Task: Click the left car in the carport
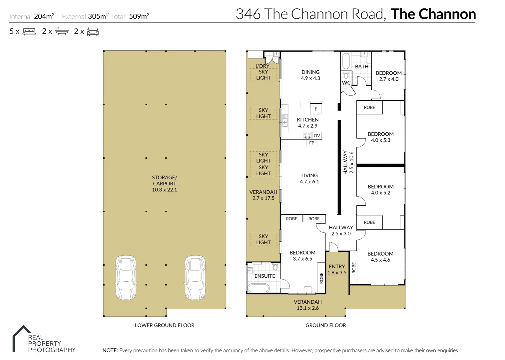point(126,277)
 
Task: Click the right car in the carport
point(195,277)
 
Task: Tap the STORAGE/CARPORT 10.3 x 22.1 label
point(164,184)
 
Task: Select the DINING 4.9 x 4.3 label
point(310,75)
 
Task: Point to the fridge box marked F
point(316,109)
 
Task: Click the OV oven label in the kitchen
point(317,136)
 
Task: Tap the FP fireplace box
point(311,143)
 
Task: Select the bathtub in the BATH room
point(346,61)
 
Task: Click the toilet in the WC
point(346,75)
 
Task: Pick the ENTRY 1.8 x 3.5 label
point(337,269)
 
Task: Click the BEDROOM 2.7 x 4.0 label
point(388,76)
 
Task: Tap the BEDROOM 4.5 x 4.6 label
point(380,257)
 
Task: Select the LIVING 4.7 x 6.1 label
point(309,178)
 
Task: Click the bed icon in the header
point(29,32)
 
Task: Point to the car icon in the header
point(93,32)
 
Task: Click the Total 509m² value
point(139,16)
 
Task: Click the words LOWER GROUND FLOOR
point(165,325)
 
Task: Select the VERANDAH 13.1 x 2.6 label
point(307,305)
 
